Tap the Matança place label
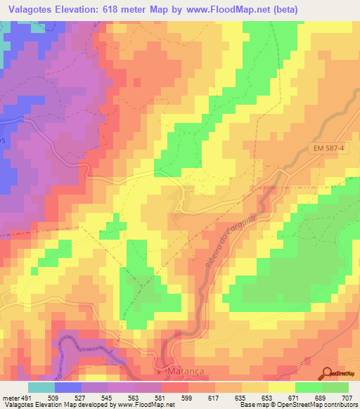point(186,370)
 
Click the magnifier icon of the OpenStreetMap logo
point(327,373)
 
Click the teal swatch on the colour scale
point(41,387)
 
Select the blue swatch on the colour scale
point(68,387)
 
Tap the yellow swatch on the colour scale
point(282,387)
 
